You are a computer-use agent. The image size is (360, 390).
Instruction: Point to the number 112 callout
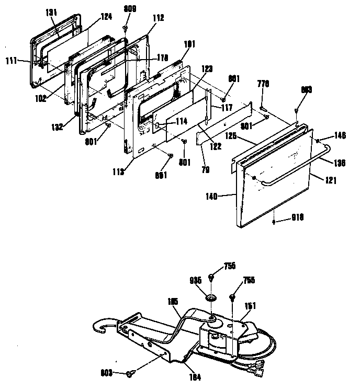pyautogui.click(x=158, y=18)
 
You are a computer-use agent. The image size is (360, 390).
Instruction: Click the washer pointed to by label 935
pyautogui.click(x=211, y=298)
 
